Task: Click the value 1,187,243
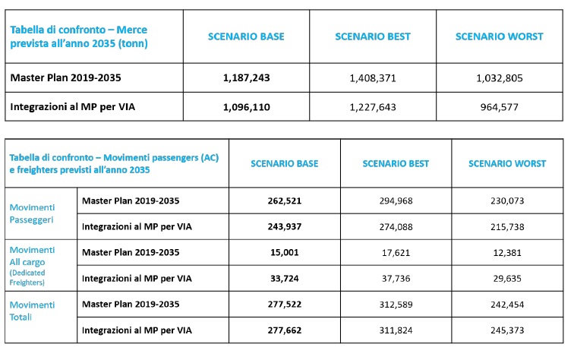(247, 77)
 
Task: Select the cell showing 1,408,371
(373, 77)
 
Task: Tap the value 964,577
(500, 107)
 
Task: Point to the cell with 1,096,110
(247, 107)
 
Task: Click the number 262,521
(285, 201)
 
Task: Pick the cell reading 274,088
(396, 226)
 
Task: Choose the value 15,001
(285, 252)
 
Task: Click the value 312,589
(396, 304)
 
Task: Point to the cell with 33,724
(285, 278)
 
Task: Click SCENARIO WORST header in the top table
(500, 36)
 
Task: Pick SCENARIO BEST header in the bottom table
(396, 163)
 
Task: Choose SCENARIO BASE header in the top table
(247, 36)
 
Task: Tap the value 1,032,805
(500, 77)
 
